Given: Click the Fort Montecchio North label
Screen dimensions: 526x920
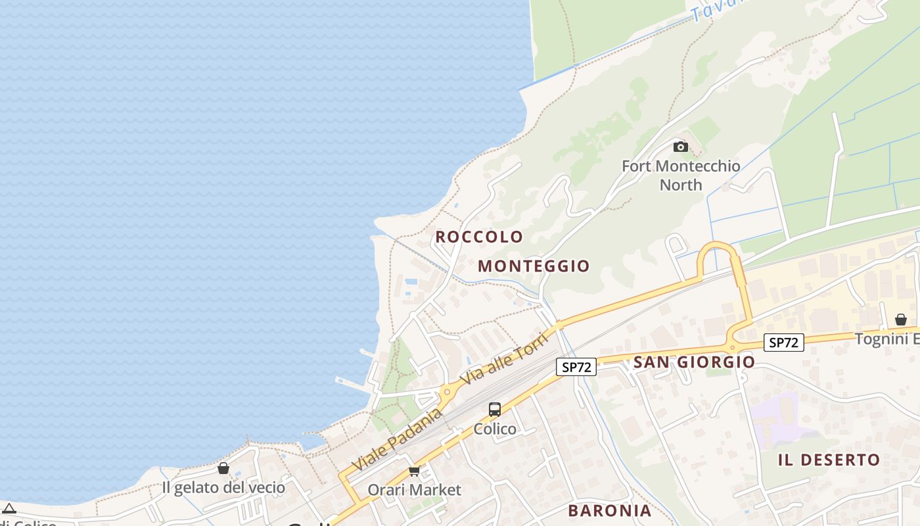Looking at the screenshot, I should (x=681, y=175).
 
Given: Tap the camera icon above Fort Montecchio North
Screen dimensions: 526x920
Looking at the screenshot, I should (x=681, y=147).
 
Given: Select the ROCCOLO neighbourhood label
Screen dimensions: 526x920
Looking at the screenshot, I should (x=479, y=237).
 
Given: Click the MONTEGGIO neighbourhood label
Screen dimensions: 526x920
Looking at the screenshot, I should (x=534, y=266).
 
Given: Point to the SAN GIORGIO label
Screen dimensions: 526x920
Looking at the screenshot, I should (x=694, y=362).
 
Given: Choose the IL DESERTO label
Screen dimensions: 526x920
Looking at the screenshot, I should (x=829, y=460).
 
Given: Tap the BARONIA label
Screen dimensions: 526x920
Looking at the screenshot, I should (x=610, y=511).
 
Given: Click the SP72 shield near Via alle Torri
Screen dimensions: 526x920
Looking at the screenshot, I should (x=576, y=367).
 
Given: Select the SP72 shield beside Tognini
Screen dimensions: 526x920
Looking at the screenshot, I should (x=784, y=343).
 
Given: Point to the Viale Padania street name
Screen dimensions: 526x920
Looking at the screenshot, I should (x=397, y=439).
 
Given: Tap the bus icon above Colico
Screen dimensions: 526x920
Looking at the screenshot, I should (x=495, y=410).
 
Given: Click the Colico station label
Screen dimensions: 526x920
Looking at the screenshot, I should (x=495, y=429).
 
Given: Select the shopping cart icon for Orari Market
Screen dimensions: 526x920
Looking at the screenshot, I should (x=414, y=471).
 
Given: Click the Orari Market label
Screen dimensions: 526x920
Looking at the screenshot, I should (x=414, y=490).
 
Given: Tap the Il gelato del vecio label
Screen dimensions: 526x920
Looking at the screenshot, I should (x=223, y=488).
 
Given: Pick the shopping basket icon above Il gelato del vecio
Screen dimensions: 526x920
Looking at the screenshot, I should (x=223, y=468).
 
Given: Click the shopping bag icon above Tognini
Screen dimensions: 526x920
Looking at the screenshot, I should (x=901, y=320).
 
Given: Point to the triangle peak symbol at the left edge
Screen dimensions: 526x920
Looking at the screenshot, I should (x=9, y=508).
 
